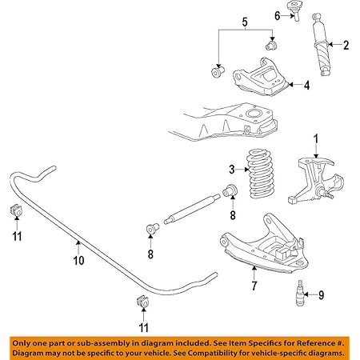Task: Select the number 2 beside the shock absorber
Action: pos(346,45)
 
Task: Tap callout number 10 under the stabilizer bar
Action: pos(78,261)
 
